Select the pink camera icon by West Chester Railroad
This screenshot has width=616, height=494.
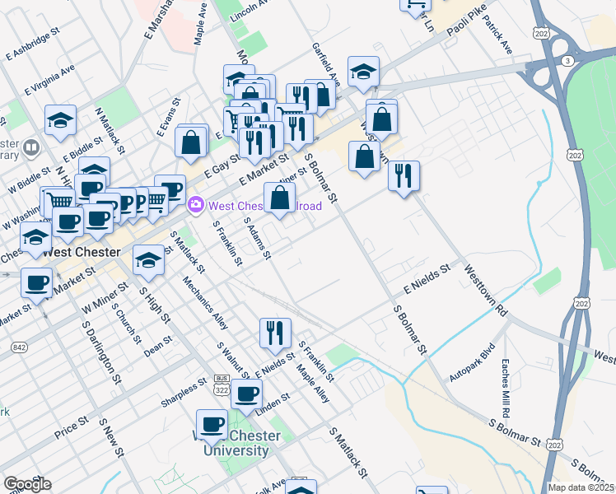[x=197, y=205]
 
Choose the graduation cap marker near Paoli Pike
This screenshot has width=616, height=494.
[x=363, y=72]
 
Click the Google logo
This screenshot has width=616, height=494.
[x=27, y=483]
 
